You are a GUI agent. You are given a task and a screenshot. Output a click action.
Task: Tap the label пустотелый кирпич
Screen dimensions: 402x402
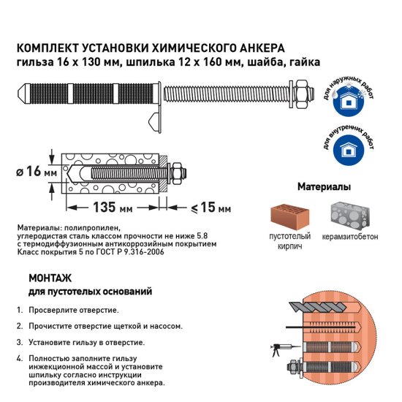point(287,241)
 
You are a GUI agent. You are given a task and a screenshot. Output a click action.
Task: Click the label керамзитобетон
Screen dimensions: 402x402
point(352,237)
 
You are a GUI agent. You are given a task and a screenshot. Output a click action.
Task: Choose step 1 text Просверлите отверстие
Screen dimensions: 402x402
point(73,310)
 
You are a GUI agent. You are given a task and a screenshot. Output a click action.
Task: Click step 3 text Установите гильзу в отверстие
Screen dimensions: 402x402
point(86,342)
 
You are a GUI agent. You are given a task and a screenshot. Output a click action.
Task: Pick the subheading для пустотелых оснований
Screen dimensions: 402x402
point(89,292)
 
